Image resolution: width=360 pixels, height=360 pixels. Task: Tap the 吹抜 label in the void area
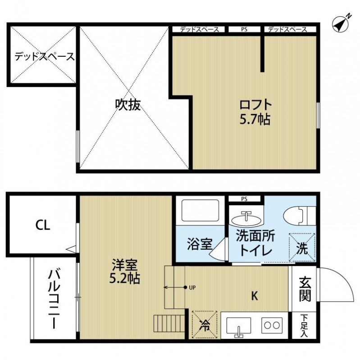coord(128,104)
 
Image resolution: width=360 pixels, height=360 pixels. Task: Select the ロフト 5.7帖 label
coord(255,112)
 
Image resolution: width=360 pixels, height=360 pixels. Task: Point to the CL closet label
coord(43,225)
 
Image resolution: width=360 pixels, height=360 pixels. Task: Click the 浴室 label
coord(200,246)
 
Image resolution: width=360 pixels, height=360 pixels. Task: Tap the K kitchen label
coord(254,296)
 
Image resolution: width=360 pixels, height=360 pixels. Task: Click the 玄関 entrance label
coord(305,288)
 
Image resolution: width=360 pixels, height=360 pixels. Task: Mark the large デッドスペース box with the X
coord(43,56)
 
